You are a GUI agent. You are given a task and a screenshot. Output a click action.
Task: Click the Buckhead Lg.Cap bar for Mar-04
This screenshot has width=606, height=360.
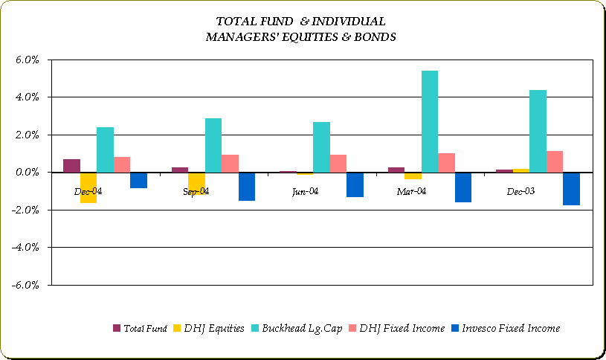(430, 121)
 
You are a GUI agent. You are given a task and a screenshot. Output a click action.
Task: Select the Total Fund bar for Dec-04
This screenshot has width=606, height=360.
(72, 166)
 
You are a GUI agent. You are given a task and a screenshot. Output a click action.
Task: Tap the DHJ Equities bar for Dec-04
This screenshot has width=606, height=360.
(88, 187)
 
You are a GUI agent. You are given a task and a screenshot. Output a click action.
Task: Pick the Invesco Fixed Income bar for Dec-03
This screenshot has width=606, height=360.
(571, 189)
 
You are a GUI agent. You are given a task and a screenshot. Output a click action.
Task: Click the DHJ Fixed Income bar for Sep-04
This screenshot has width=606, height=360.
(230, 164)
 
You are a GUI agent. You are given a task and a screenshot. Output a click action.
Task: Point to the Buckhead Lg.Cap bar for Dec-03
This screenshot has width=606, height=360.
(538, 131)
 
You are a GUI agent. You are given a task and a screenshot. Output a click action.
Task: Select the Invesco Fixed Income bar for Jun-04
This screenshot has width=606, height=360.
(355, 184)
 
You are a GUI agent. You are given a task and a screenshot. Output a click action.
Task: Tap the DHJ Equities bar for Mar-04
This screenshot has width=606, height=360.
(413, 176)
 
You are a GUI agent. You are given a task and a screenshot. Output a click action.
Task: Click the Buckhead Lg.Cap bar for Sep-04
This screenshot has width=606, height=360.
(213, 145)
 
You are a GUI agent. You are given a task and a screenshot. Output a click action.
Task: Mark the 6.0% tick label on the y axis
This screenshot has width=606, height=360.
(27, 60)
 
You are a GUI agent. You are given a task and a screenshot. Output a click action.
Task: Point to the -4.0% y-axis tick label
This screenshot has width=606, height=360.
(25, 247)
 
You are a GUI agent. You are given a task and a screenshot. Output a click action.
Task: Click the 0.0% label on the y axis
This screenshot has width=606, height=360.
(27, 173)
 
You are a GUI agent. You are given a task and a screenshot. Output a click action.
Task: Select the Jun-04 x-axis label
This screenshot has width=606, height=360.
(306, 192)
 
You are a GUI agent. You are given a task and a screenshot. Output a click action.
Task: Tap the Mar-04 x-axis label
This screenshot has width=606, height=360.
(411, 191)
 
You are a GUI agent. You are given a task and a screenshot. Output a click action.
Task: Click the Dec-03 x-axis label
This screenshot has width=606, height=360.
(520, 191)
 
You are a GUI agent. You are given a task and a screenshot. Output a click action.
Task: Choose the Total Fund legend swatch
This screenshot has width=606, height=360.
(117, 328)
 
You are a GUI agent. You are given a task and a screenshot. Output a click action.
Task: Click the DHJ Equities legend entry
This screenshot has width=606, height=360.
(209, 328)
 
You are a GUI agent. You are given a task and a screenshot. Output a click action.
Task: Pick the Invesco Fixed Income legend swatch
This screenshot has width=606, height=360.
(455, 328)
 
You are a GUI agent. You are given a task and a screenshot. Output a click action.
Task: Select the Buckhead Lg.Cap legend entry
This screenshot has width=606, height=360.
(297, 329)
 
